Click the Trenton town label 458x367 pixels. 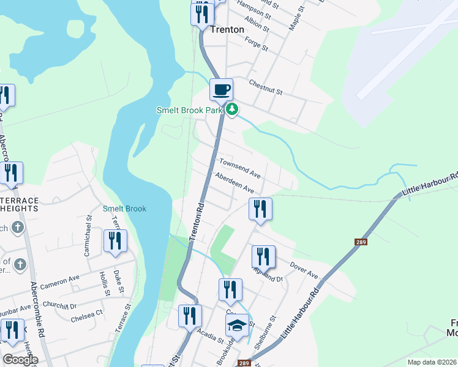tap(227, 29)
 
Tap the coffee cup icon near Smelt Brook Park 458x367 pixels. tap(221, 89)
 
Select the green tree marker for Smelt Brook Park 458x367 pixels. tap(231, 109)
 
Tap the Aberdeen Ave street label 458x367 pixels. tap(234, 183)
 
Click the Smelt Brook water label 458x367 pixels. tap(124, 209)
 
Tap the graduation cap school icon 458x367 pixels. tap(237, 324)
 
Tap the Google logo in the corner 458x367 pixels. tap(20, 359)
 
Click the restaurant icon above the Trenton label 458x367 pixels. tap(202, 13)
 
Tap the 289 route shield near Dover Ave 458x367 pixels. tap(361, 242)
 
